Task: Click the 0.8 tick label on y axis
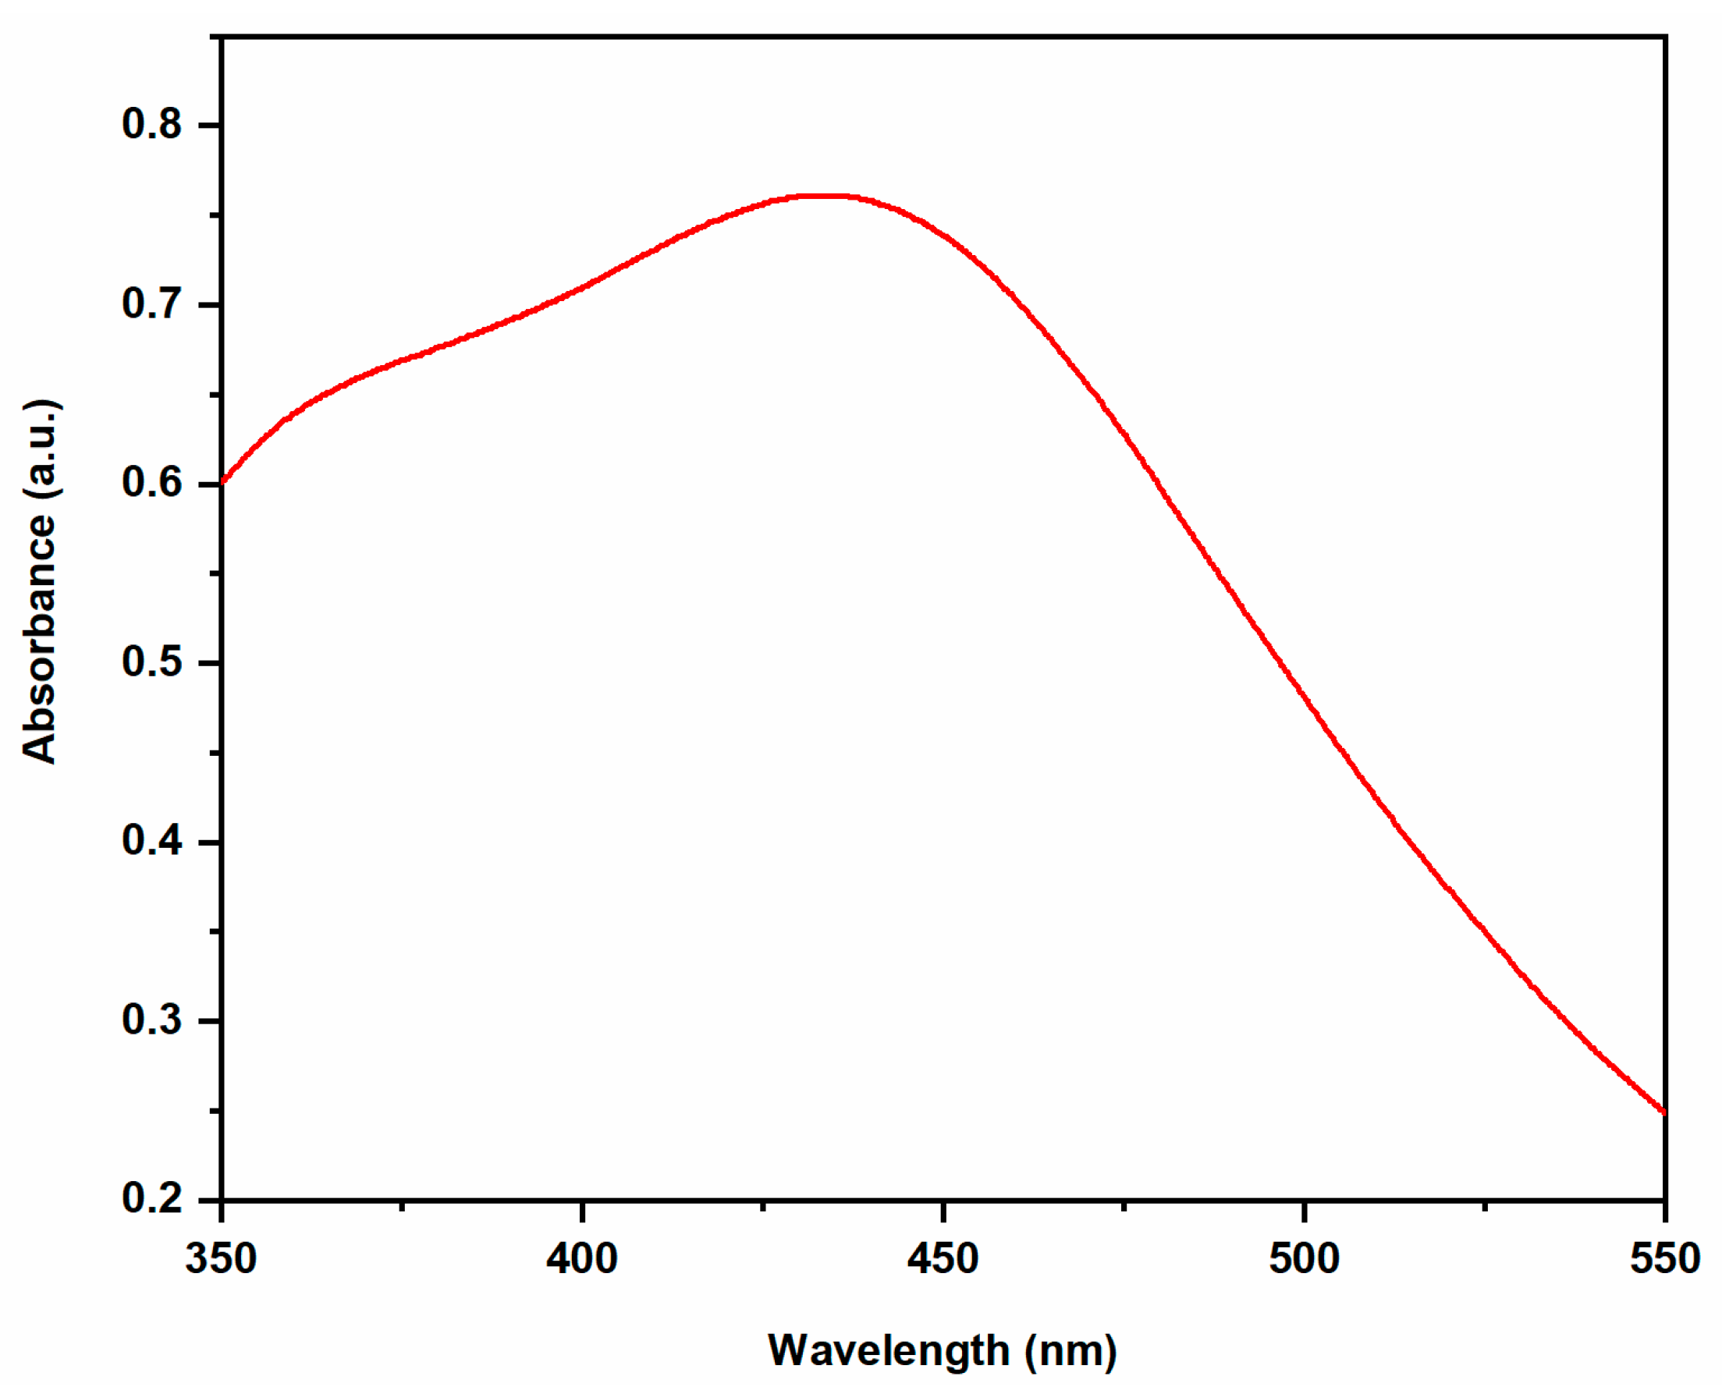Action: tap(152, 125)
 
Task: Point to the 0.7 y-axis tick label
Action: tap(152, 304)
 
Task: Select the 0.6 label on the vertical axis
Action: tap(152, 484)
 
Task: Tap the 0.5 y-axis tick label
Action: tap(152, 662)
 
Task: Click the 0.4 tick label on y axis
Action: tap(152, 842)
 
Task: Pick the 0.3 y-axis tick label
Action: tap(152, 1020)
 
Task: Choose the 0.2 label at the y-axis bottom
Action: tap(152, 1200)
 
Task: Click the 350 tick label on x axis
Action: tap(221, 1259)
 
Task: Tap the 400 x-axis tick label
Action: tap(581, 1259)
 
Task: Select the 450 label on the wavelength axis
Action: tap(943, 1259)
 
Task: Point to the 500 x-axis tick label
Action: tap(1304, 1259)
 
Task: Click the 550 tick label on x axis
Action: tap(1664, 1259)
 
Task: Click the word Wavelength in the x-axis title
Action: tap(888, 1350)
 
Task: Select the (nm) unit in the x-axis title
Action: tap(1070, 1350)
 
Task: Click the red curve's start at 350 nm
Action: tap(222, 482)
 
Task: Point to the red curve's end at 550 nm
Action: tap(1664, 1112)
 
